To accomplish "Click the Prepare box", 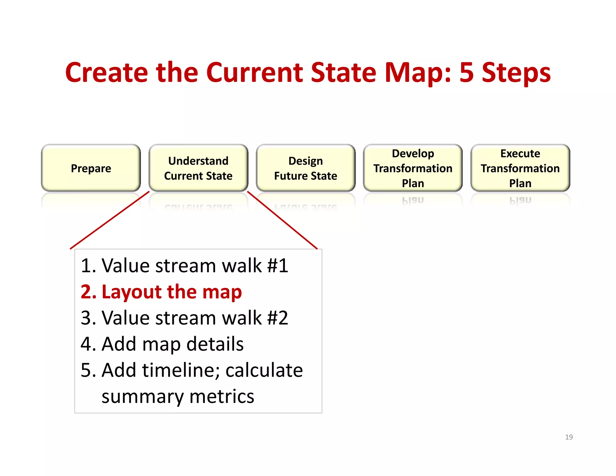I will coord(91,168).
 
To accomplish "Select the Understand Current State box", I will coord(198,168).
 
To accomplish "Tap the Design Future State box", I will coord(306,168).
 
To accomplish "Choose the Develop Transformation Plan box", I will coord(413,168).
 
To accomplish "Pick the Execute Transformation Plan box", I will coord(520,168).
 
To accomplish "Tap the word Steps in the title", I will coord(516,73).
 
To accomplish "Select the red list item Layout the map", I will coord(161,292).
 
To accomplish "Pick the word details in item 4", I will coord(215,344).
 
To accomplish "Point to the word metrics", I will coord(222,396).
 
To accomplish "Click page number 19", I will coord(569,437).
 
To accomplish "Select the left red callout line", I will coord(110,220).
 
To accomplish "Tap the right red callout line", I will coord(282,220).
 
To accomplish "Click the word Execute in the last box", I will coord(520,153).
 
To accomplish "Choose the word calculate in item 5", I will coord(264,370).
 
